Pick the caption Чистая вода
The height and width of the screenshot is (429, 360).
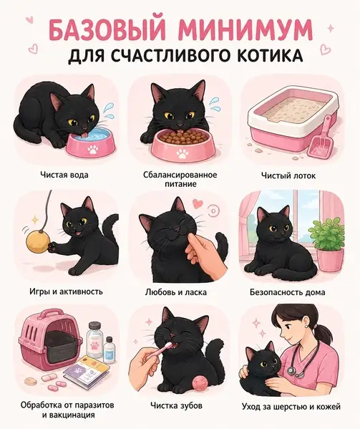pos(64,175)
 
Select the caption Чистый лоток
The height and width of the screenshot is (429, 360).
pos(288,175)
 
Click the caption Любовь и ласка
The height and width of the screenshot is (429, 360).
pos(176,292)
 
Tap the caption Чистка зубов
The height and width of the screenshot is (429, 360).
pos(176,405)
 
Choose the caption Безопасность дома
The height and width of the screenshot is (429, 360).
pos(287,292)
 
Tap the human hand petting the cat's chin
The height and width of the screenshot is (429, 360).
pos(204,256)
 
